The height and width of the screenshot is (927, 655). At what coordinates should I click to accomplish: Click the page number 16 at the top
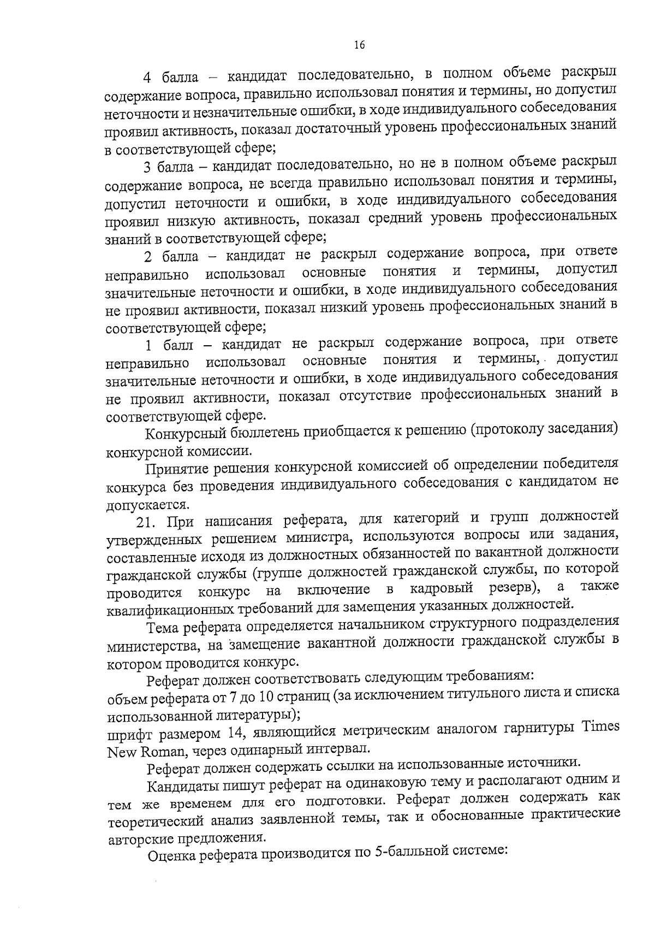pyautogui.click(x=359, y=45)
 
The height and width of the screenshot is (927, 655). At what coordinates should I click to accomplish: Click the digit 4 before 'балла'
pyautogui.click(x=147, y=76)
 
